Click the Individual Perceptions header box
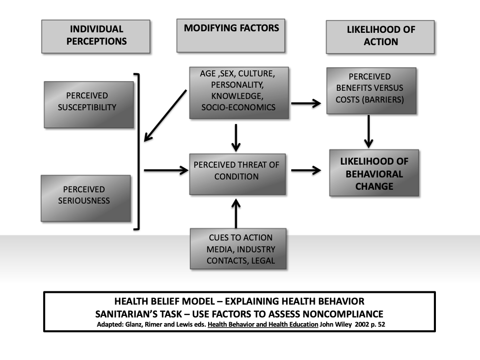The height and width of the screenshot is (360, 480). (95, 36)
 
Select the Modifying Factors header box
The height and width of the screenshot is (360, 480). (231, 35)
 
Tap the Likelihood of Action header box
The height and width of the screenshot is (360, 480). (380, 36)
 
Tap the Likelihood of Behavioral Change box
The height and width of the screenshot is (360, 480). (374, 173)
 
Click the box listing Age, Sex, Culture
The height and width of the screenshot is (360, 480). (237, 92)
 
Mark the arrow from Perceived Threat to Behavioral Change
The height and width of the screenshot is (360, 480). (306, 171)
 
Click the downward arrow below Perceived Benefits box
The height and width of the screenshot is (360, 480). (368, 132)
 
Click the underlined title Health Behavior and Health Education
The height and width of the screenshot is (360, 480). (263, 325)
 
